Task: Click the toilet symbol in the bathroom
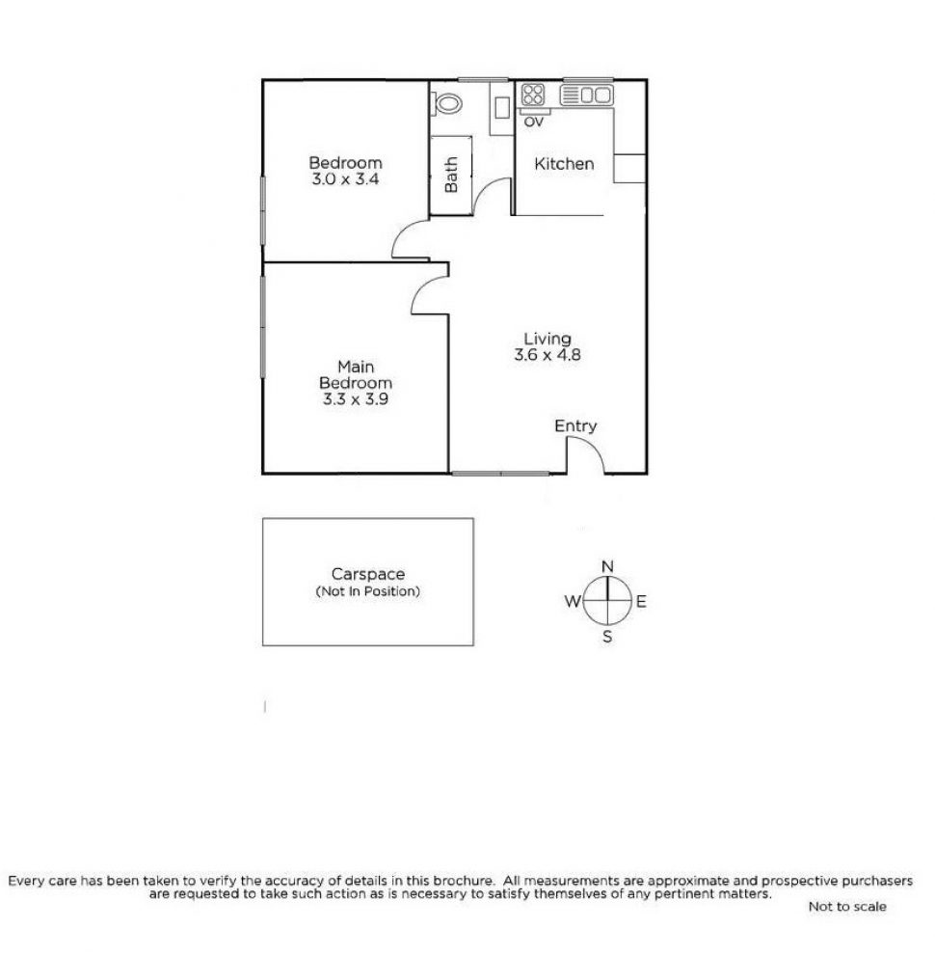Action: tap(448, 102)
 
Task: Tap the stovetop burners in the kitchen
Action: tap(533, 95)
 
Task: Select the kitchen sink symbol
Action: tap(587, 95)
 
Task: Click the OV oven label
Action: tap(533, 122)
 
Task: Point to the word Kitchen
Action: tap(564, 164)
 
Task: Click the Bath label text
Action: tap(451, 176)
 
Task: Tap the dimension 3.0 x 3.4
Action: tap(345, 179)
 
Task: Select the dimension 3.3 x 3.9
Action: tap(357, 398)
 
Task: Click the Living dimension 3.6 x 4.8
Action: tap(548, 354)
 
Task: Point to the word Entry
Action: tap(575, 425)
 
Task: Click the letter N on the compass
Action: tap(607, 566)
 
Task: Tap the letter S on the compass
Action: tap(607, 636)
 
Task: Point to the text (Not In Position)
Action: tap(367, 591)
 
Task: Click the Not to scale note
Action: tap(847, 907)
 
